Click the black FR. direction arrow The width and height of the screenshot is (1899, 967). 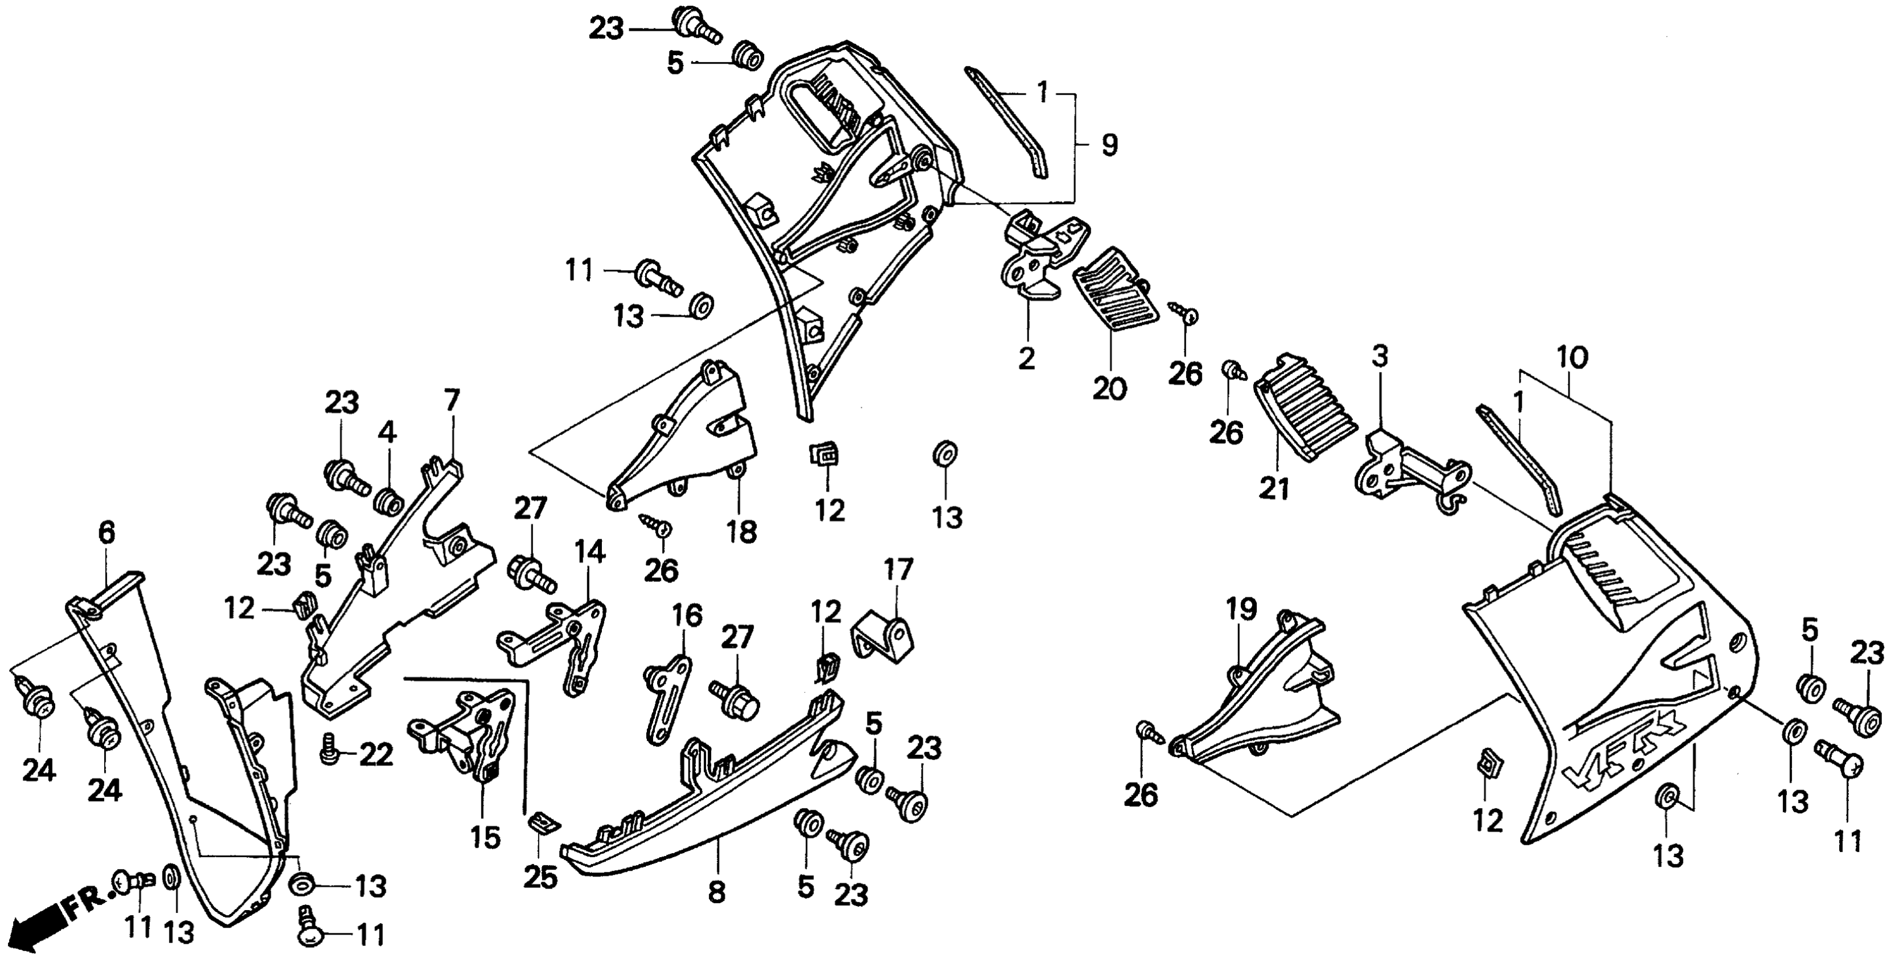pyautogui.click(x=37, y=930)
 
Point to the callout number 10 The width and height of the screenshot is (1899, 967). pyautogui.click(x=1572, y=359)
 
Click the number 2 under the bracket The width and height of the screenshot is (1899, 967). pyautogui.click(x=1026, y=359)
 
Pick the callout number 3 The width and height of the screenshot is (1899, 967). pyautogui.click(x=1379, y=356)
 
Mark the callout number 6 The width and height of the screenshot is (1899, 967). pyautogui.click(x=108, y=532)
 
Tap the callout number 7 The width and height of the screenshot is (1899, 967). pyautogui.click(x=452, y=402)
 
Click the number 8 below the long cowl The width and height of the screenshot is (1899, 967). pyautogui.click(x=716, y=892)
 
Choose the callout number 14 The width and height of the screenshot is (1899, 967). pyautogui.click(x=590, y=551)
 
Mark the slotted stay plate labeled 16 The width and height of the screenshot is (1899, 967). pyautogui.click(x=667, y=689)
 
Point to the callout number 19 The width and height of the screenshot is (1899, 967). pyautogui.click(x=1241, y=610)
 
